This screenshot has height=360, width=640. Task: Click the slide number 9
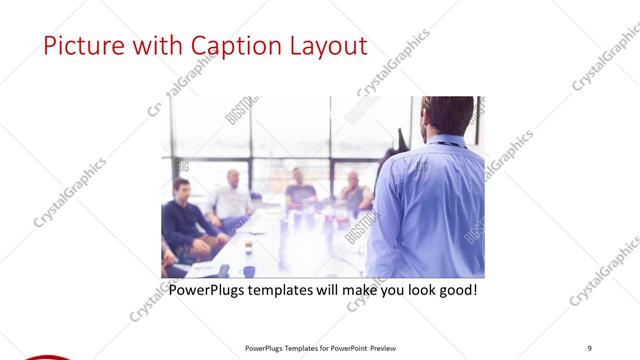590,347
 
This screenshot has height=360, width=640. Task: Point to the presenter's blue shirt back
430,210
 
